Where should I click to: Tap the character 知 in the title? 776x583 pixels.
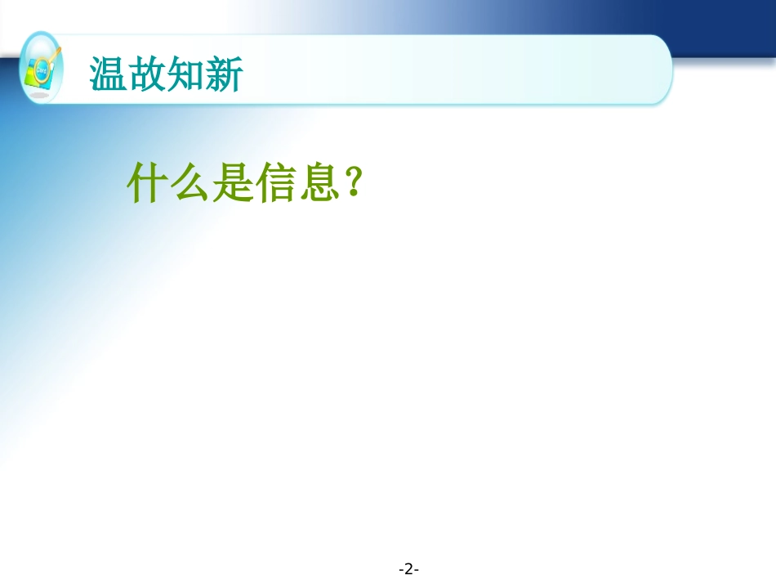point(185,75)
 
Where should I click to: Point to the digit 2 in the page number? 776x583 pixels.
point(409,568)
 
